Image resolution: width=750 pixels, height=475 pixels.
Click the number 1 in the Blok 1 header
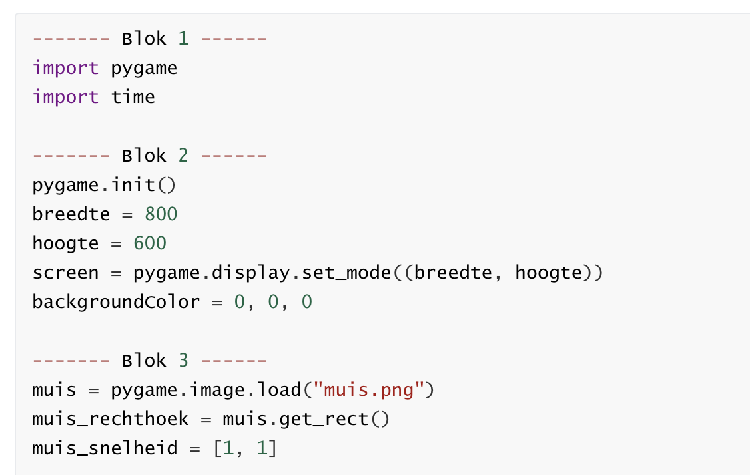pyautogui.click(x=183, y=38)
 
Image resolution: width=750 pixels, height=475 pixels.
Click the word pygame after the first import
pyautogui.click(x=144, y=68)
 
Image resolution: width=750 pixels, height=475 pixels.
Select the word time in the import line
pyautogui.click(x=133, y=97)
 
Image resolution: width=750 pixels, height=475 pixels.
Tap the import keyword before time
pyautogui.click(x=65, y=97)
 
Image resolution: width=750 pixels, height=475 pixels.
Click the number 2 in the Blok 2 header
pyautogui.click(x=183, y=156)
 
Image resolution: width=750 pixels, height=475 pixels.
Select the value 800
pyautogui.click(x=161, y=214)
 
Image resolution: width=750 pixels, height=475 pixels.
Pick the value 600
pyautogui.click(x=149, y=243)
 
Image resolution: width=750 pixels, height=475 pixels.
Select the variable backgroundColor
pyautogui.click(x=116, y=302)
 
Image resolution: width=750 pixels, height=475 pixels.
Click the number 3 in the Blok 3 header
pyautogui.click(x=183, y=361)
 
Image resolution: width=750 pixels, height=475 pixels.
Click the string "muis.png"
pyautogui.click(x=373, y=390)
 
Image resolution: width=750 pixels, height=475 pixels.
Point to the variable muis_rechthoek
pyautogui.click(x=110, y=419)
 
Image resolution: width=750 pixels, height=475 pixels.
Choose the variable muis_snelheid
pyautogui.click(x=105, y=448)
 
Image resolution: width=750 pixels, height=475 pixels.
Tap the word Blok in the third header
pyautogui.click(x=144, y=361)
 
